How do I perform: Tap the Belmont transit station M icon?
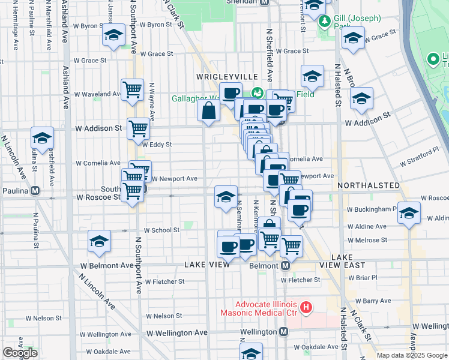(x=286, y=265)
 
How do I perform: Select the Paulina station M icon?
(x=35, y=191)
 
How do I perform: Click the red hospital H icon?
(x=306, y=308)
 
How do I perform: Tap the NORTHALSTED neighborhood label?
(x=369, y=186)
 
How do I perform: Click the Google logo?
(x=20, y=353)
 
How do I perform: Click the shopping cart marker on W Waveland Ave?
(x=132, y=89)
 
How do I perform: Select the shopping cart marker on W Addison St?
(x=138, y=127)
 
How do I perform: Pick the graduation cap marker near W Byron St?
(x=113, y=35)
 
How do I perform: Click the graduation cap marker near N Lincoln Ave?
(x=43, y=137)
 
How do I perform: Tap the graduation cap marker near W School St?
(x=99, y=241)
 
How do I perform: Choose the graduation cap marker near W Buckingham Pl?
(x=409, y=212)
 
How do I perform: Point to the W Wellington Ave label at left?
(x=177, y=332)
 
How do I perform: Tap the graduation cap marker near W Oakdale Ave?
(x=252, y=352)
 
